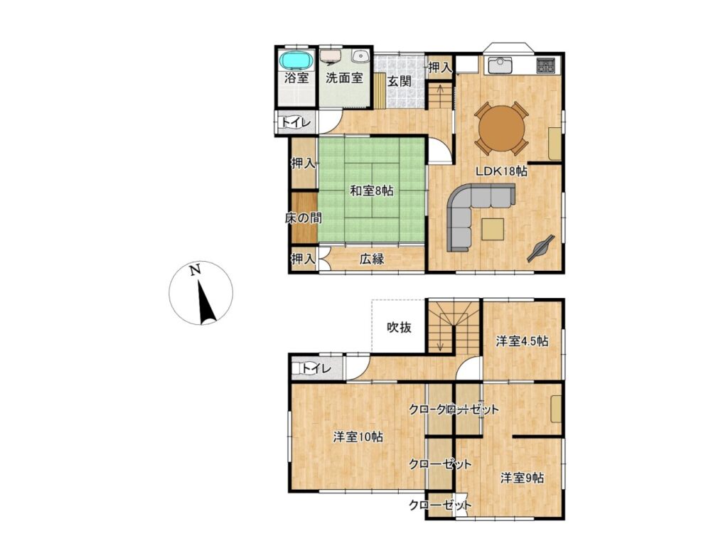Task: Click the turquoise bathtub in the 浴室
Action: point(296,60)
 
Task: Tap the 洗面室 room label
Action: point(344,78)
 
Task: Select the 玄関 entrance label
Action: point(400,81)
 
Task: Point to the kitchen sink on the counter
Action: point(499,65)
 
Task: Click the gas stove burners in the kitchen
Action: point(547,65)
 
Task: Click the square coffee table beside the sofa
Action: point(492,229)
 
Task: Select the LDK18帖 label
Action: point(501,171)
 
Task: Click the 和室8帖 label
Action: point(371,191)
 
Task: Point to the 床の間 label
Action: point(303,218)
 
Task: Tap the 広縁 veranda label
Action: point(372,259)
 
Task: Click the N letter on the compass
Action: point(196,269)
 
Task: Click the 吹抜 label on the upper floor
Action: point(400,328)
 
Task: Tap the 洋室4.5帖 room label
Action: point(522,342)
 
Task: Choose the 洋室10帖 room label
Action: point(358,437)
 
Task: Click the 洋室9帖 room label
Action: point(522,478)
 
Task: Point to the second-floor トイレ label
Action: point(316,369)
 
